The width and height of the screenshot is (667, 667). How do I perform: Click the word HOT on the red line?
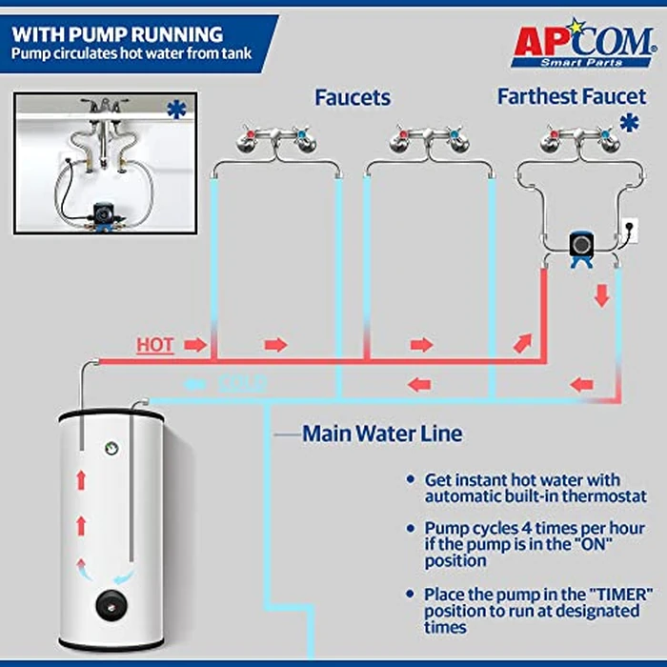click(154, 345)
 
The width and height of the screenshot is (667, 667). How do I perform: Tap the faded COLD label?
click(241, 384)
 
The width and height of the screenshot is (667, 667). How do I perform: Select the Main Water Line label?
click(382, 435)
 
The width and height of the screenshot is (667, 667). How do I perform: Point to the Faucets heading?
click(353, 97)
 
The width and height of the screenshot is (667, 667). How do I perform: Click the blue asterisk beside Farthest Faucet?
click(628, 123)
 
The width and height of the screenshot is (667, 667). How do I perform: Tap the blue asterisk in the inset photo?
click(176, 110)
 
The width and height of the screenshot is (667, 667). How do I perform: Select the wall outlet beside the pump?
click(630, 229)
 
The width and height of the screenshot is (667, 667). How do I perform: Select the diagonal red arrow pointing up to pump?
click(523, 341)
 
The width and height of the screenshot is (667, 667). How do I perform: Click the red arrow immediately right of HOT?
click(195, 345)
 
